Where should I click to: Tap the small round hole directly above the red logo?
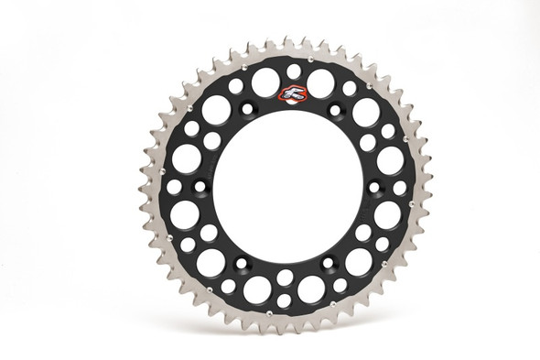point(293,70)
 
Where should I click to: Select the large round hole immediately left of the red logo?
point(265,84)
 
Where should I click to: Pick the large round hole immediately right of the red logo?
point(320,85)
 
